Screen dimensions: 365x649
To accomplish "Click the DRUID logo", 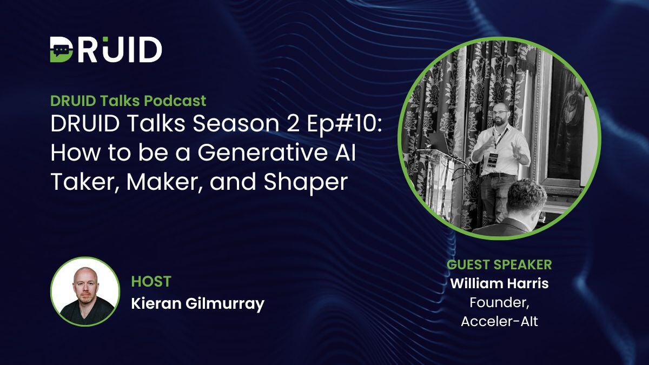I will pos(106,50).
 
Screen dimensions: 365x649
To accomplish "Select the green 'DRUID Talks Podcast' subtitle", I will pos(128,101).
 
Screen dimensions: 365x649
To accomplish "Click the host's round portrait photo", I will pos(85,291).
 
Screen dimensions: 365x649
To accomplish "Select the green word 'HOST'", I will pos(151,281).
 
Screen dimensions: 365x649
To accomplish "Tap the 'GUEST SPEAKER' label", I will pos(499,264).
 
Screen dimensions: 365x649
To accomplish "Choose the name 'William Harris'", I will pos(499,283).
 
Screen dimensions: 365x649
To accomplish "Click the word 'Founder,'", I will pos(499,302).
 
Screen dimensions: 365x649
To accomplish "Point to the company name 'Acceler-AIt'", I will pos(499,321).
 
